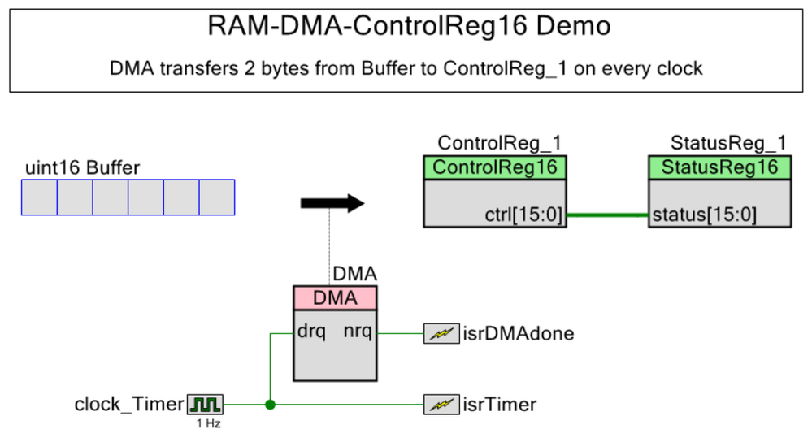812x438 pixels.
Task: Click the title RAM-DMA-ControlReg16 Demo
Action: (409, 26)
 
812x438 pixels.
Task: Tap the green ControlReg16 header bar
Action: (495, 167)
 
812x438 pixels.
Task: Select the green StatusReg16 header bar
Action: (720, 167)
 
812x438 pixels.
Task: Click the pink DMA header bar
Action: (335, 298)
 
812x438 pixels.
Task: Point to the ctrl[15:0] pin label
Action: (523, 215)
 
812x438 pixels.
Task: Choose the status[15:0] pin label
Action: (704, 215)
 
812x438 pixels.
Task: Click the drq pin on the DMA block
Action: (311, 332)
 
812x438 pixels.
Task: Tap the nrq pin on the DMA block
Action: (358, 332)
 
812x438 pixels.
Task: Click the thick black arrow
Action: (332, 203)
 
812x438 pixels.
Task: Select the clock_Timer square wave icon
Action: (206, 405)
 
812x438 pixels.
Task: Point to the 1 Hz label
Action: (209, 423)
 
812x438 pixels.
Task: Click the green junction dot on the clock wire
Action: (270, 405)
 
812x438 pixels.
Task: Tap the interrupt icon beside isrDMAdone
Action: (441, 333)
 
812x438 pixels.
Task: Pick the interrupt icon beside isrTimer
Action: (441, 405)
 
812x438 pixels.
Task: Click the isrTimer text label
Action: (500, 405)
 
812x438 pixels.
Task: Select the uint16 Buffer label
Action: (82, 167)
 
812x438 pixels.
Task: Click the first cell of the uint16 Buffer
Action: (39, 197)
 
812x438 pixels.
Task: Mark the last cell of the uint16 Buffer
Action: (217, 197)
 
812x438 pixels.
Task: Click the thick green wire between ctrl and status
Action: (607, 215)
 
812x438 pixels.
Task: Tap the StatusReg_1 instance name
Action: (728, 142)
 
